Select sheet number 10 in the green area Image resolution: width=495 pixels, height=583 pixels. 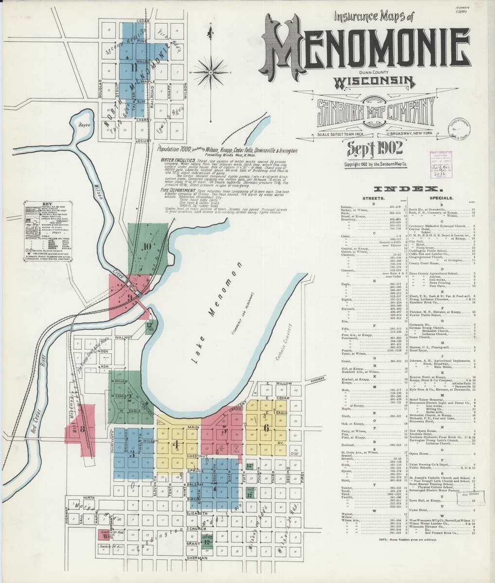(x=146, y=246)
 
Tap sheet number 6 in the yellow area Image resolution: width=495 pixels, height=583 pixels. (x=266, y=428)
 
